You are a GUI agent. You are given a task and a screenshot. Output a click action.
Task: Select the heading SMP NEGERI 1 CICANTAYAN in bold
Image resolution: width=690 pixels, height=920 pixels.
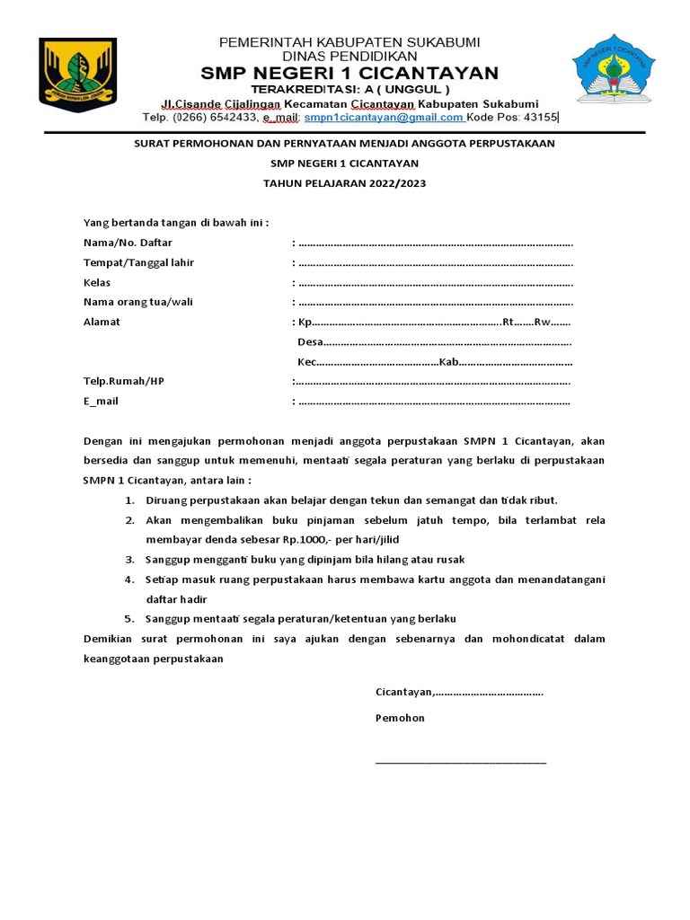coord(349,73)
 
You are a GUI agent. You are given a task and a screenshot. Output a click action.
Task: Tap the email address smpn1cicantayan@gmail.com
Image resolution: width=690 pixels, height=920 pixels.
coord(384,117)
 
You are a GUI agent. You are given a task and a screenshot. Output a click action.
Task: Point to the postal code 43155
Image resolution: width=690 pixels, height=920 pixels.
coord(541,117)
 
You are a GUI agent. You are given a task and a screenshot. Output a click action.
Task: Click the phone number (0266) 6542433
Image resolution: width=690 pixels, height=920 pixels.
coord(216,117)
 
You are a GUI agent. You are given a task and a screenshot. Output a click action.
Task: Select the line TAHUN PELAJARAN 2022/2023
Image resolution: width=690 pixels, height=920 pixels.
coord(344,183)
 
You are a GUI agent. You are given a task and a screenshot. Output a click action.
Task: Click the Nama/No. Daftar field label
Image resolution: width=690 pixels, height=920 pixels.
coord(128,243)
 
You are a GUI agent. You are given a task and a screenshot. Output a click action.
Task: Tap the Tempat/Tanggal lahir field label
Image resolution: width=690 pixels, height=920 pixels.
coord(138,262)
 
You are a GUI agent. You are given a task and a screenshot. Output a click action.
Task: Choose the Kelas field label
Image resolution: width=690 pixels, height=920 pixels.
coord(97,282)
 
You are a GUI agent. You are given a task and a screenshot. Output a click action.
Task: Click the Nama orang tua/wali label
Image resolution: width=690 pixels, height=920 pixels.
coord(137,302)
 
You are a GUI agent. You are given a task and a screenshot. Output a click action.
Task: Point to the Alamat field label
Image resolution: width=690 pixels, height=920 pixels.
coord(102,322)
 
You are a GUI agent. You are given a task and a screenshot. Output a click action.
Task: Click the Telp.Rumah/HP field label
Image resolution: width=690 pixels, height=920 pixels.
coord(124,381)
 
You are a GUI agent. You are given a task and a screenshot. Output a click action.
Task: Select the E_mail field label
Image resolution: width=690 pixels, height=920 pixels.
coord(101,401)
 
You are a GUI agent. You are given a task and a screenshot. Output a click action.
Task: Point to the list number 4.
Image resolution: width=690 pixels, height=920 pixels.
coord(128,579)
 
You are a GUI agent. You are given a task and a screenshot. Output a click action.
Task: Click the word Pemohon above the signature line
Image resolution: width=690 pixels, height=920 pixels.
coord(400,718)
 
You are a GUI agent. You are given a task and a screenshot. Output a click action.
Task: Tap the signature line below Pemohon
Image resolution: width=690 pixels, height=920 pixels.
coord(460,762)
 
